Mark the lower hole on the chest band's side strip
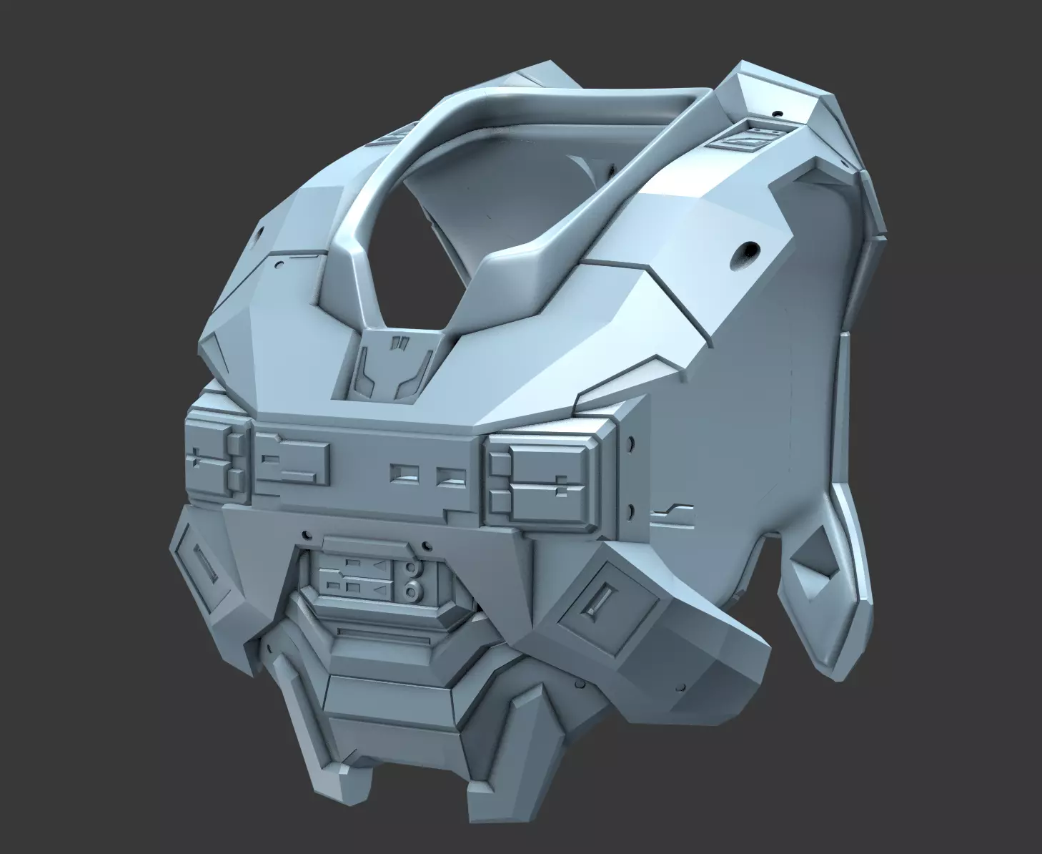coord(631,511)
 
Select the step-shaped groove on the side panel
coord(673,510)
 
